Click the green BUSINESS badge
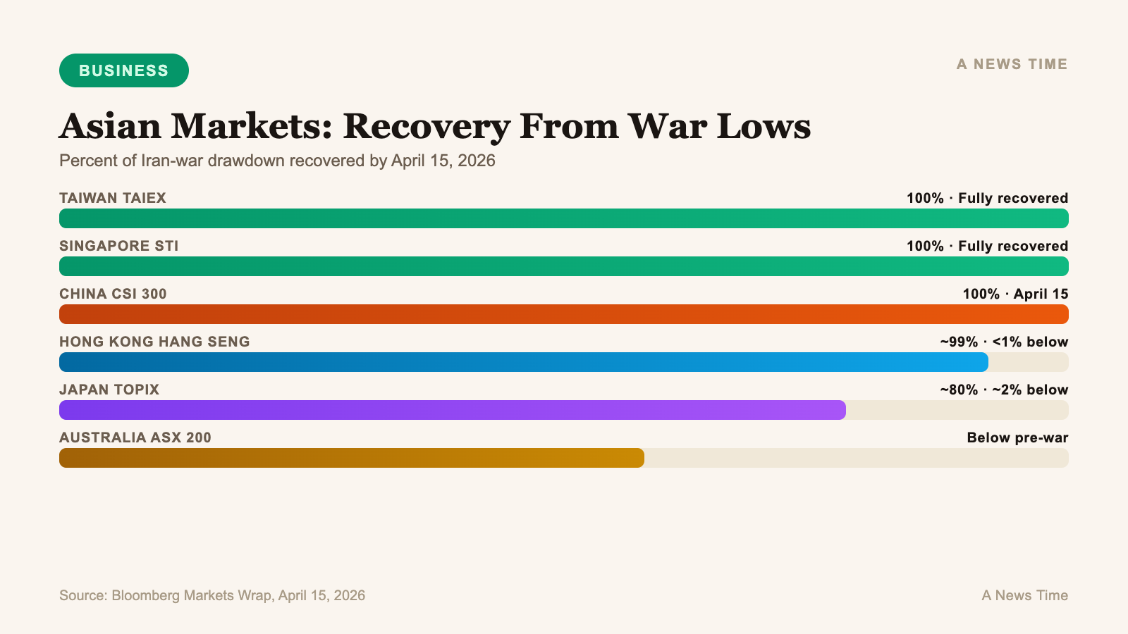point(124,70)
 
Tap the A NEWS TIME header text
point(1012,64)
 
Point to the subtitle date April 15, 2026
point(443,161)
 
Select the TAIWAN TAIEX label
point(113,198)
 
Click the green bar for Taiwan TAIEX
point(564,218)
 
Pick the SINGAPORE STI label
point(119,246)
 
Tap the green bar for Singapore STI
point(564,266)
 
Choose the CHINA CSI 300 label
point(113,294)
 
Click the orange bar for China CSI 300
point(564,314)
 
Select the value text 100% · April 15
point(1015,294)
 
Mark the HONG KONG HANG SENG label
point(154,342)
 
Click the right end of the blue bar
point(983,362)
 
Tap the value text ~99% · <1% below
point(1004,342)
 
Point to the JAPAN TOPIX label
point(109,390)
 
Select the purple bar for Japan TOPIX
point(451,410)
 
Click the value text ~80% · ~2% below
point(1004,390)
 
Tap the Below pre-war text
point(1017,437)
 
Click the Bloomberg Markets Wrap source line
point(212,595)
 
